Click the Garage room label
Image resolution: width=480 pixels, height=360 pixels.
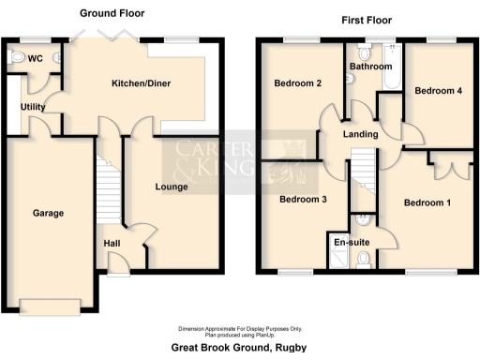pyautogui.click(x=48, y=213)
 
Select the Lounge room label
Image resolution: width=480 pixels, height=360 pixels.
pyautogui.click(x=172, y=187)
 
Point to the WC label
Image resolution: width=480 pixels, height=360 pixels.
pyautogui.click(x=36, y=58)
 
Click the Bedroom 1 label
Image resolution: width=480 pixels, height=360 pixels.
pyautogui.click(x=427, y=202)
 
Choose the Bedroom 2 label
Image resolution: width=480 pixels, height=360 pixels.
pyautogui.click(x=298, y=83)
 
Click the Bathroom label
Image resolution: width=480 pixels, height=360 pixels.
pyautogui.click(x=371, y=67)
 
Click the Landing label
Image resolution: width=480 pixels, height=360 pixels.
pyautogui.click(x=361, y=134)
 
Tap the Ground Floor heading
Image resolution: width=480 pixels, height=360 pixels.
pyautogui.click(x=112, y=14)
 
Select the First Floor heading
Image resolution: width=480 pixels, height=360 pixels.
pyautogui.click(x=366, y=19)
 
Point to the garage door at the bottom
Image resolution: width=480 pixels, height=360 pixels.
pyautogui.click(x=48, y=306)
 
